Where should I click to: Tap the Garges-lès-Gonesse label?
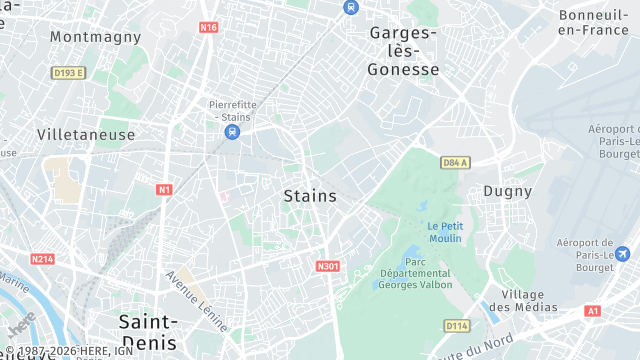[x=403, y=51]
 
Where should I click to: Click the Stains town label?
[x=310, y=196]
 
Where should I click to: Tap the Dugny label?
[x=507, y=190]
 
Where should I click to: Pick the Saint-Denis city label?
[x=148, y=331]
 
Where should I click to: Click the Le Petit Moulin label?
[x=445, y=232]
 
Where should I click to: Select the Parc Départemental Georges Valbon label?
[x=416, y=273]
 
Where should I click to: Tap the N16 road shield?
[x=208, y=27]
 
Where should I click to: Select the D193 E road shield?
[x=69, y=73]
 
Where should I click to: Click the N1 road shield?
[x=164, y=189]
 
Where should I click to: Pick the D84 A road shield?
[x=455, y=162]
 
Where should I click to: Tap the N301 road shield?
[x=327, y=266]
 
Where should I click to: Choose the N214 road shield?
[x=41, y=259]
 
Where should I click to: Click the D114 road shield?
[x=457, y=325]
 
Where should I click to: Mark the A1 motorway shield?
[x=592, y=311]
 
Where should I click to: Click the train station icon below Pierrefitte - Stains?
[x=232, y=131]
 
